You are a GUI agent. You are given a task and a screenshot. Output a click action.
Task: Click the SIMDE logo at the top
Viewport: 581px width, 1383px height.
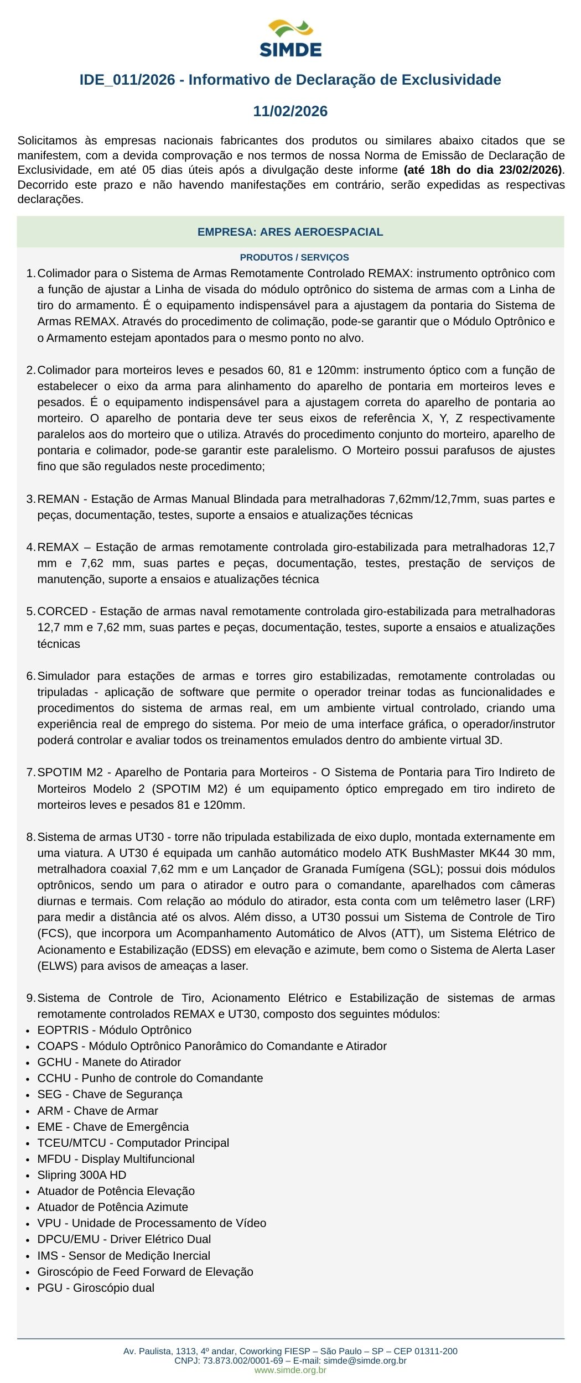290,38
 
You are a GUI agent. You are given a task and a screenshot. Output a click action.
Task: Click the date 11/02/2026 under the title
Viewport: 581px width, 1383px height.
290,112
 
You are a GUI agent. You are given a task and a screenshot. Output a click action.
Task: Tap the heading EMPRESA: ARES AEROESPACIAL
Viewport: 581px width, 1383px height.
290,232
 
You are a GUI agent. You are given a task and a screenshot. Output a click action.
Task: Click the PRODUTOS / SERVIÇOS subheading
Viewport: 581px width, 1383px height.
294,258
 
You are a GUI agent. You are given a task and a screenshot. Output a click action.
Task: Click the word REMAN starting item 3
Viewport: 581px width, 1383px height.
58,500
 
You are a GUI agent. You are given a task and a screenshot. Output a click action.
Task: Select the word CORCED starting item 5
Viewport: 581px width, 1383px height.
63,612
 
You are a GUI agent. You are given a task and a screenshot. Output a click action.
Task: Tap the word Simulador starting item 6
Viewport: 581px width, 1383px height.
63,676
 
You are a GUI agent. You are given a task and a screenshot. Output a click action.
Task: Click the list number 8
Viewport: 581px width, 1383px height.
30,837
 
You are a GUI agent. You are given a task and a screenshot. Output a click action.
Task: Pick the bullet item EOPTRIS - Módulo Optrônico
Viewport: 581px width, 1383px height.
114,1030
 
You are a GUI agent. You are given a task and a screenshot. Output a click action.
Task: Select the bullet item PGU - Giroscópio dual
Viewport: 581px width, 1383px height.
96,1287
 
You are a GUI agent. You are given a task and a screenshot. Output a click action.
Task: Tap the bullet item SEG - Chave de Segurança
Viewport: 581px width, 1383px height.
110,1094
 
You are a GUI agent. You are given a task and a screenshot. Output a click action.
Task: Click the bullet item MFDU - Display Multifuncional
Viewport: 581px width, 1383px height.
116,1158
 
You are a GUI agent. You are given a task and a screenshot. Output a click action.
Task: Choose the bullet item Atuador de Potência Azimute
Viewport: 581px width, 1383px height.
112,1207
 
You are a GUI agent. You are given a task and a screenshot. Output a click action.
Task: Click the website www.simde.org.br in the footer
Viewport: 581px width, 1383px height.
290,1370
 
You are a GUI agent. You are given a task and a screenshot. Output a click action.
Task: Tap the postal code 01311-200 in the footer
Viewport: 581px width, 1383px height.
438,1351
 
